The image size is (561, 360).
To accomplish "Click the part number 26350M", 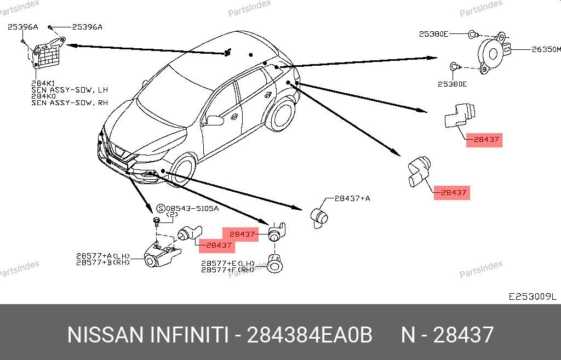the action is click(x=546, y=49).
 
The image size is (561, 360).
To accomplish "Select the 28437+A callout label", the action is click(x=352, y=198).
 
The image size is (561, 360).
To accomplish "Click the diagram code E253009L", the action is click(x=533, y=296).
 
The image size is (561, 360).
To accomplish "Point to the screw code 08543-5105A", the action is click(x=192, y=208).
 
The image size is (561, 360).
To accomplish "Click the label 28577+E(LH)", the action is click(x=228, y=264).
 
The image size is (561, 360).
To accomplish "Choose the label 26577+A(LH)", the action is click(x=103, y=256).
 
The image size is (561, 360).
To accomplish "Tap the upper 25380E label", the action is click(x=433, y=34).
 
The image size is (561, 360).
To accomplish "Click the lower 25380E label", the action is click(x=452, y=84).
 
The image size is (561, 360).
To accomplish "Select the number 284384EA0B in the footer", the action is click(x=310, y=335).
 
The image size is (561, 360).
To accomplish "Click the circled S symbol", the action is click(x=161, y=209).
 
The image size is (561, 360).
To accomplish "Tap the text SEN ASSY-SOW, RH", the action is click(x=70, y=102).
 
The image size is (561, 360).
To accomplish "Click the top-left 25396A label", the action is click(x=23, y=27).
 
